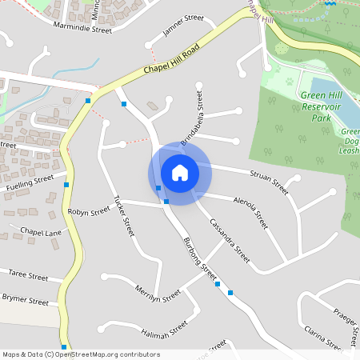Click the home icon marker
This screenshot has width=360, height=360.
click(x=179, y=173)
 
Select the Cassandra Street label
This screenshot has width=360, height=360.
click(x=230, y=241)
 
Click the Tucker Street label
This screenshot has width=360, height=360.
click(x=122, y=215)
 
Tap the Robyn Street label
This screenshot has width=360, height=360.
click(x=89, y=212)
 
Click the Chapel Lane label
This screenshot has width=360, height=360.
click(x=41, y=232)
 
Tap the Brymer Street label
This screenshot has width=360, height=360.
click(x=26, y=302)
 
